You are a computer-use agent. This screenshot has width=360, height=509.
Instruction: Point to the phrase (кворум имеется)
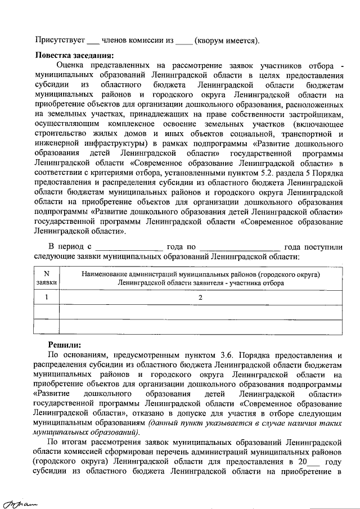coord(227,40)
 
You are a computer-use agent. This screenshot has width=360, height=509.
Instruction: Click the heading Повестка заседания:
coord(75,55)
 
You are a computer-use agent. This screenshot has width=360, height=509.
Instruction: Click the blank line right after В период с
coord(129,247)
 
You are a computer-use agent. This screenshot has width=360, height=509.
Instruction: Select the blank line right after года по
coord(240,247)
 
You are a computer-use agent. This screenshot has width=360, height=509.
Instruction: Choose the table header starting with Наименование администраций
coord(200,278)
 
